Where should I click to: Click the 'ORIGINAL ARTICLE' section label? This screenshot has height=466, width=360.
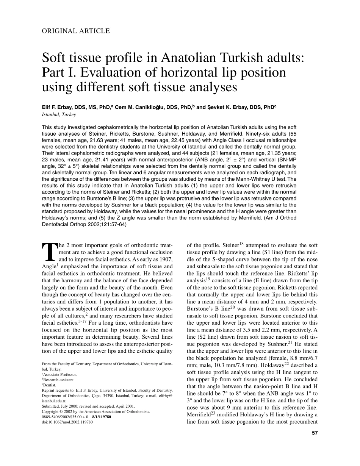click(x=76, y=31)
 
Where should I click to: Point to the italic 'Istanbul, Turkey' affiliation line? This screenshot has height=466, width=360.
click(x=59, y=114)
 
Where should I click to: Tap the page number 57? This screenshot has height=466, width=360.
click(x=315, y=433)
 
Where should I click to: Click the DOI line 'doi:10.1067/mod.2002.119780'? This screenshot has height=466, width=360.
click(x=67, y=422)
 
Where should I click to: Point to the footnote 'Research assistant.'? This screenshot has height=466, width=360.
click(x=59, y=380)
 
